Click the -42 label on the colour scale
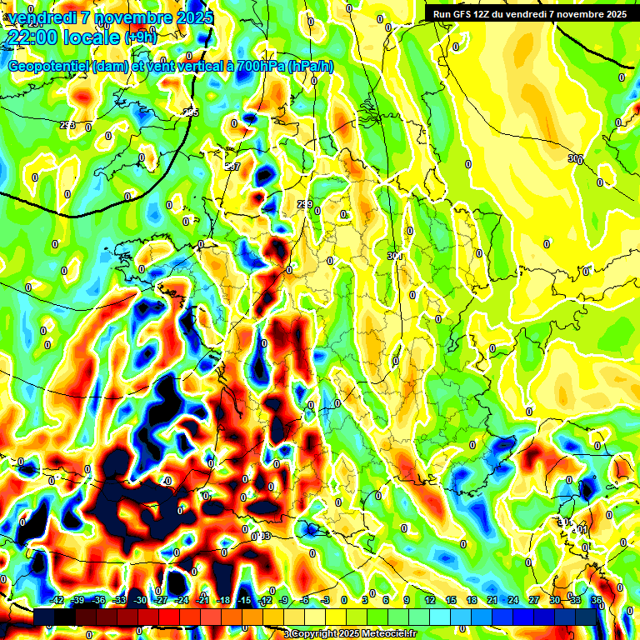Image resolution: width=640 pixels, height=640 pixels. click(x=57, y=600)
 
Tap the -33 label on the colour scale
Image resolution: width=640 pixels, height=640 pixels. click(x=120, y=600)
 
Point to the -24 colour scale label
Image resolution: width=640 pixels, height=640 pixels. click(x=182, y=600)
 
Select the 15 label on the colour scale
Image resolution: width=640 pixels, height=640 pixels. click(x=451, y=600)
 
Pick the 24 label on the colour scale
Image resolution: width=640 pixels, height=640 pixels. click(x=513, y=600)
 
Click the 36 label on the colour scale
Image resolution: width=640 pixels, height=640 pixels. click(x=596, y=600)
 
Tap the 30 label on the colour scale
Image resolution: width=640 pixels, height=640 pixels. click(x=555, y=600)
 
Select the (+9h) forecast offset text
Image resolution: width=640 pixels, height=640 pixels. click(x=141, y=37)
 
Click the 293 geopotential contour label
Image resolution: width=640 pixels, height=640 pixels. click(x=67, y=125)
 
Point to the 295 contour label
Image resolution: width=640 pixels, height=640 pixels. click(x=192, y=112)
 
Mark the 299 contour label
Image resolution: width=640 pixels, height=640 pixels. click(x=305, y=204)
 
